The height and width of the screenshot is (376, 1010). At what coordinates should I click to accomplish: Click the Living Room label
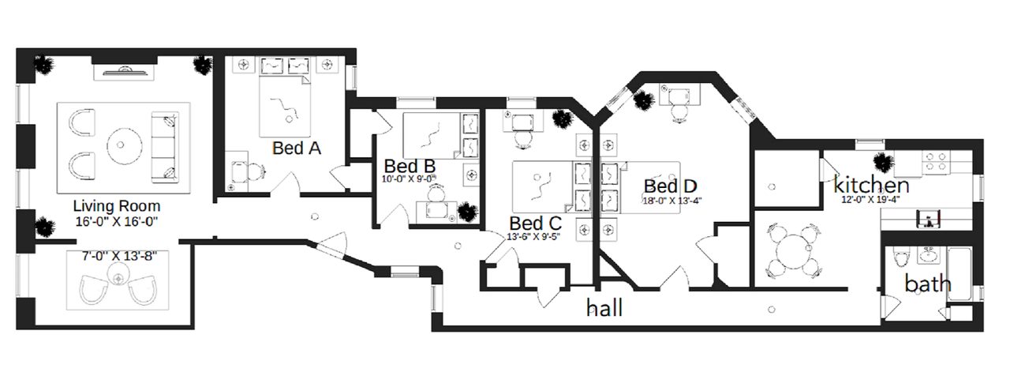coord(117,206)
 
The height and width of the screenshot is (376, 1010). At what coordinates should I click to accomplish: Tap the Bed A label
coord(296,148)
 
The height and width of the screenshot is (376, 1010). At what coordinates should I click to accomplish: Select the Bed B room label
coord(410,166)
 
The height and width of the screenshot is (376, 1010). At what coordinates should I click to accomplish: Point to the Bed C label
coord(535,224)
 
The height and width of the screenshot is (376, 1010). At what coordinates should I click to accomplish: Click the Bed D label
coord(671,186)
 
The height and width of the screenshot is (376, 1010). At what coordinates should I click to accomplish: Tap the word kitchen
coord(871,185)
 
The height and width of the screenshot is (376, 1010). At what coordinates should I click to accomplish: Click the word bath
coord(928,284)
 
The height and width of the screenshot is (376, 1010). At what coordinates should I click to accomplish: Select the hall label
coord(604,308)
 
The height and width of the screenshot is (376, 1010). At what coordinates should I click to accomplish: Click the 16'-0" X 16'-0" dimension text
coord(117,222)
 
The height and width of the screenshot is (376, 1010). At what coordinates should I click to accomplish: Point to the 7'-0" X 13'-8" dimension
coord(119,257)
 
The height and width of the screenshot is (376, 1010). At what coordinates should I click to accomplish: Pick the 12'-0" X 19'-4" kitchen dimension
coord(870,200)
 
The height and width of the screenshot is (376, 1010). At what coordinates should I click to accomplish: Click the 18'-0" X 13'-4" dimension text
coord(672,201)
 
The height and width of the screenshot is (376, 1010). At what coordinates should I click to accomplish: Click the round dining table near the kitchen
coord(794,251)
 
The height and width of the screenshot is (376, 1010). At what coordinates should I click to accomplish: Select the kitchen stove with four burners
coord(936,163)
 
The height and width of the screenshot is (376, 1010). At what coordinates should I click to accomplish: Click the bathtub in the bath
coord(959,273)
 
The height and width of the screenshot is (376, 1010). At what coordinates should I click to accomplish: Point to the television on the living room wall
coord(124,70)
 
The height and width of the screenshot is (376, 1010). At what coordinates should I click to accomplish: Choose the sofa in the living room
coord(164,148)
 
